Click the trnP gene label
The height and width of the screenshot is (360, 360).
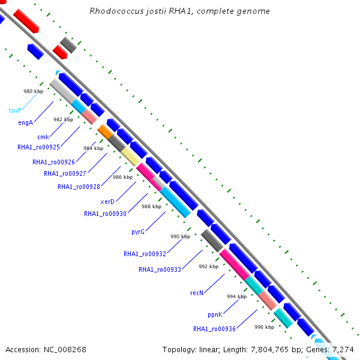pyautogui.click(x=15, y=110)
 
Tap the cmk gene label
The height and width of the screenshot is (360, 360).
pyautogui.click(x=43, y=137)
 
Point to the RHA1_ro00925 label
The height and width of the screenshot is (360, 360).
pyautogui.click(x=38, y=147)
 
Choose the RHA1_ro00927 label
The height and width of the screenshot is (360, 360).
pyautogui.click(x=64, y=173)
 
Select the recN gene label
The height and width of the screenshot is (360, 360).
pyautogui.click(x=197, y=293)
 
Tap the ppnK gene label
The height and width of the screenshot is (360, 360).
pyautogui.click(x=215, y=314)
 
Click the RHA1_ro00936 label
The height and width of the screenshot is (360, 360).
pyautogui.click(x=214, y=329)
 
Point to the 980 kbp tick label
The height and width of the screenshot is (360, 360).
pyautogui.click(x=33, y=91)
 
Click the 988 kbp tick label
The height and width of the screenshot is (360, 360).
pyautogui.click(x=151, y=206)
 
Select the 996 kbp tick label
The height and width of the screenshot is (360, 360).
pyautogui.click(x=264, y=327)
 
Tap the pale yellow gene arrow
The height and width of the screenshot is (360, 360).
pyautogui.click(x=130, y=157)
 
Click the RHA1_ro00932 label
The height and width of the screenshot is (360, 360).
pyautogui.click(x=145, y=254)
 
